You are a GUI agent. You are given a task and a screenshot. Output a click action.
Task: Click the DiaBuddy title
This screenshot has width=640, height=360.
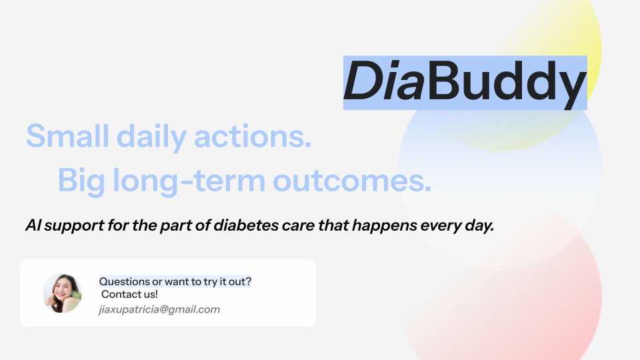coord(465,81)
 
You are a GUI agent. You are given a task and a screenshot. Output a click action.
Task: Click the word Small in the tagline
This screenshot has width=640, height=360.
coord(67,136)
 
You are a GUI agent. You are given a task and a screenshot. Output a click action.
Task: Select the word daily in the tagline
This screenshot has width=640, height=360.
coord(151,137)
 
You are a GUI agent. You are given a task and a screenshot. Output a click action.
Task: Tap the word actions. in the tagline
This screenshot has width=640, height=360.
coord(253,136)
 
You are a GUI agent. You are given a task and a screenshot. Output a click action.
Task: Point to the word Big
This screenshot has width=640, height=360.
coord(81,181)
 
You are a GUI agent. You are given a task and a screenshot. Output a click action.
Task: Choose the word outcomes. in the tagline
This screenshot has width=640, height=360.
coord(352,181)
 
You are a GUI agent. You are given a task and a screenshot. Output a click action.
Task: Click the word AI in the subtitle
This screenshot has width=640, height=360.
coord(33,225)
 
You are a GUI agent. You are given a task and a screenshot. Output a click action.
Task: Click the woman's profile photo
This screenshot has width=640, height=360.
coord(63,293)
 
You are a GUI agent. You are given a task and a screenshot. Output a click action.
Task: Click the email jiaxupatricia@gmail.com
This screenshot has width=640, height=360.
coord(159,309)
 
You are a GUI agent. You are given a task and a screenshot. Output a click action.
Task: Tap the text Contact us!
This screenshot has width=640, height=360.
coord(129,294)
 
